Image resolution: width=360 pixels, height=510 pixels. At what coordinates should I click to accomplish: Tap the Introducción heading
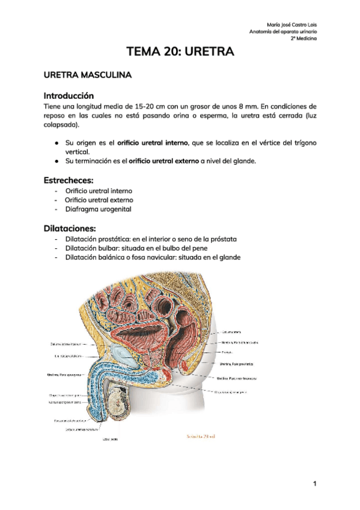tap(69, 95)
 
